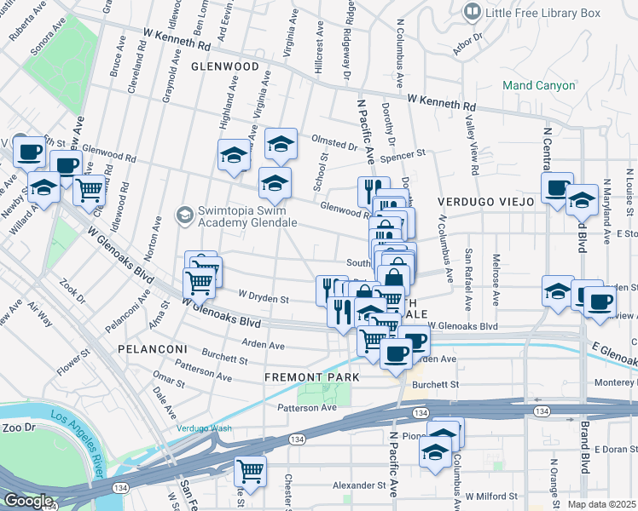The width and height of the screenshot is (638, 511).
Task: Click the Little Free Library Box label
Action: coord(542,13)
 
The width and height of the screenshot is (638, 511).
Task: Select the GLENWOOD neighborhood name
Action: coord(224,66)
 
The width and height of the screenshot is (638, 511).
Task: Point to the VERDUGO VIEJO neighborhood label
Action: coord(485,202)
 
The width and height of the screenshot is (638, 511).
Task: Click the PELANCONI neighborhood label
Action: coord(152,349)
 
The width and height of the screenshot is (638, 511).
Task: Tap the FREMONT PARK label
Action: coord(310,376)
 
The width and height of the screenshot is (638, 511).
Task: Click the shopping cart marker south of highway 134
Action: coord(250,469)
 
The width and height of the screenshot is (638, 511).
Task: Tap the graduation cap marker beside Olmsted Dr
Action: coord(280,144)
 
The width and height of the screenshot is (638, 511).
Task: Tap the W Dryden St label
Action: coord(264,299)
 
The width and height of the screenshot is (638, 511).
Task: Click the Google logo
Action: coord(28,501)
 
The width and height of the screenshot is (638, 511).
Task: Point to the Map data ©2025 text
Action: coord(602,504)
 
